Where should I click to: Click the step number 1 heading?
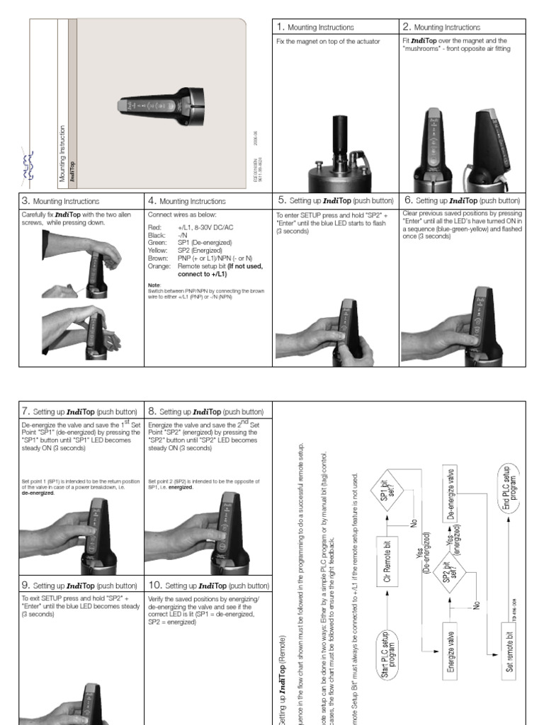280,27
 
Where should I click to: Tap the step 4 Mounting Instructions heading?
186,201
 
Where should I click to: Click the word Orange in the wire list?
158,266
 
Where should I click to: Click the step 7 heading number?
25,411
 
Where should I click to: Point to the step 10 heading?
209,586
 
